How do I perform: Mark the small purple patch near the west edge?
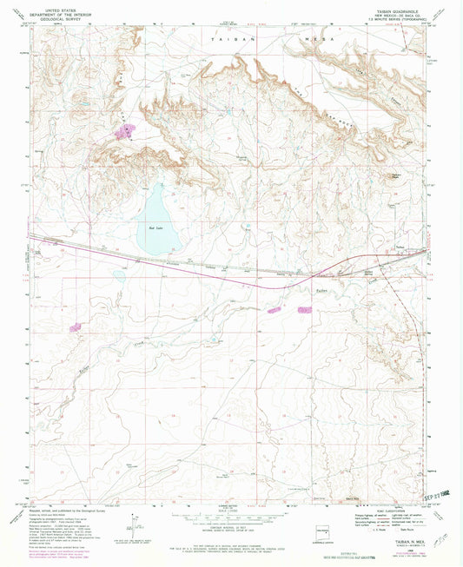click(75, 327)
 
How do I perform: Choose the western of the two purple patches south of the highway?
click(274, 309)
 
